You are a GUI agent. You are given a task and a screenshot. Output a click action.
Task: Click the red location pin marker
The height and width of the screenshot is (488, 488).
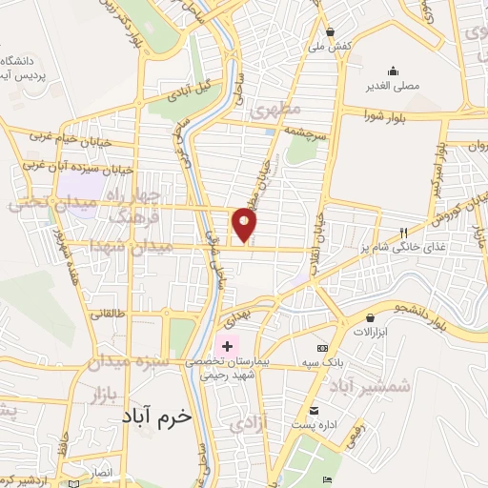(246, 224)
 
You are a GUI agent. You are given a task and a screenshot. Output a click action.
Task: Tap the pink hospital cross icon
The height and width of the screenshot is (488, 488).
(227, 344)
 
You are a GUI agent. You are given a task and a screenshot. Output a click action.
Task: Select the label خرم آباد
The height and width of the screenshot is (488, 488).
(157, 417)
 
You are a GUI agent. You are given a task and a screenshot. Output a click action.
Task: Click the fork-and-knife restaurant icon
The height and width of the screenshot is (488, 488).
(404, 233)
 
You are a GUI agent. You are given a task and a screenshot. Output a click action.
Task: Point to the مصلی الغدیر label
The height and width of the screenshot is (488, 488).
(393, 85)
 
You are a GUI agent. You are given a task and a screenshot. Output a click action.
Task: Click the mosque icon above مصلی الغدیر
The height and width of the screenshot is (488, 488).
(393, 71)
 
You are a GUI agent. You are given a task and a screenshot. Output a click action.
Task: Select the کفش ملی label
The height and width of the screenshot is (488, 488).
(329, 45)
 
